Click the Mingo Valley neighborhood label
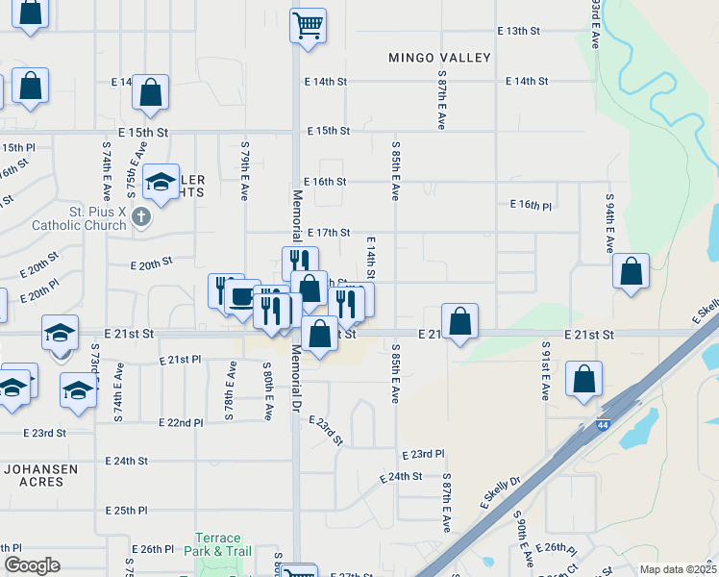pyautogui.click(x=439, y=58)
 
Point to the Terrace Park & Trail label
pyautogui.click(x=223, y=544)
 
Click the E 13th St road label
pyautogui.click(x=519, y=31)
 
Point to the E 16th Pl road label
pyautogui.click(x=531, y=205)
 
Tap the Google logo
pyautogui.click(x=32, y=565)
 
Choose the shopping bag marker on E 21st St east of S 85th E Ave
pyautogui.click(x=460, y=321)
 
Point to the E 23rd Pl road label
pyautogui.click(x=423, y=453)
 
